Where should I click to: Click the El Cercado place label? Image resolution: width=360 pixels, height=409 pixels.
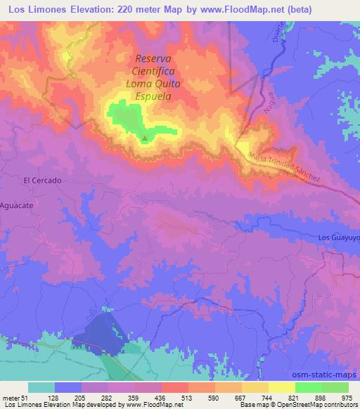tap(43, 181)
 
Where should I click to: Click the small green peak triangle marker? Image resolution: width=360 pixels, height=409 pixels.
tap(145, 138)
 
